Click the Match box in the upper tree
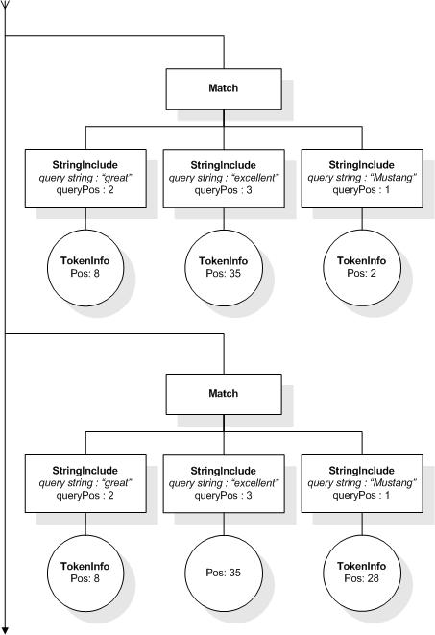[x=223, y=88]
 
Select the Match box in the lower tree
[x=223, y=394]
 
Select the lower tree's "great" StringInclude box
[x=85, y=482]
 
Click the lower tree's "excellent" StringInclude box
[x=223, y=482]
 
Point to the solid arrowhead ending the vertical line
[x=6, y=628]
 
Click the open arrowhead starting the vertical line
[x=6, y=7]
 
